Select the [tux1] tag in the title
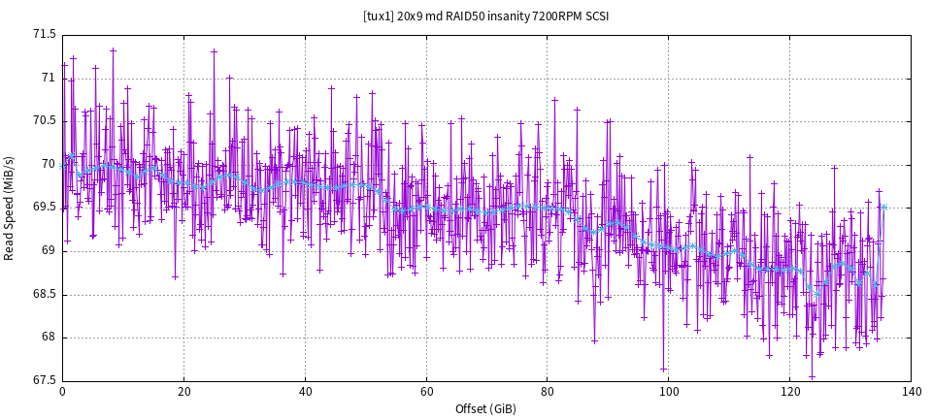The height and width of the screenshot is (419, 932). (379, 16)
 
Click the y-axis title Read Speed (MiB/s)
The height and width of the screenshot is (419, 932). (10, 208)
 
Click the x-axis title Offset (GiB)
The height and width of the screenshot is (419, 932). (486, 409)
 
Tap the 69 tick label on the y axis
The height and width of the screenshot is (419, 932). (49, 251)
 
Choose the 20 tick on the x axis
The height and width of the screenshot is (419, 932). (183, 392)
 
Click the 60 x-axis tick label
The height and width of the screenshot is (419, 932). (426, 392)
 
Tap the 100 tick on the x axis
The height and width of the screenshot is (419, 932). (669, 392)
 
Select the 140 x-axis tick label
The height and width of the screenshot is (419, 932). (912, 392)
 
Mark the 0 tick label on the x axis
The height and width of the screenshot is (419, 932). (62, 392)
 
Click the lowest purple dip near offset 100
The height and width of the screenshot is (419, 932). (664, 370)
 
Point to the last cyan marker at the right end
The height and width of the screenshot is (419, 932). (883, 207)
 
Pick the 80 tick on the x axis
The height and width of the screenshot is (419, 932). (548, 392)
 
